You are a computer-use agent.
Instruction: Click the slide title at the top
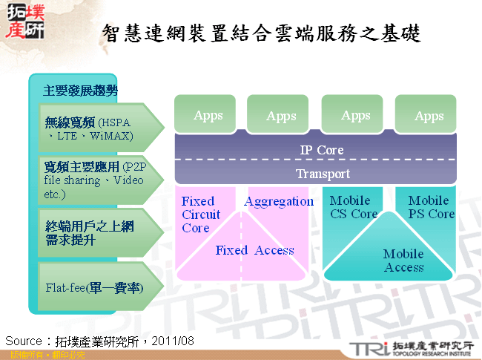point(261,33)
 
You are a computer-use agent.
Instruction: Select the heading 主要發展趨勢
point(80,91)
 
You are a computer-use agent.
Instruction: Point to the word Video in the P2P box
point(128,180)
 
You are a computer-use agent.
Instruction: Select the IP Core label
point(321,150)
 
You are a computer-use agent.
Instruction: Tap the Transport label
point(323,174)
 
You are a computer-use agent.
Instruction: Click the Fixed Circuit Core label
point(201,215)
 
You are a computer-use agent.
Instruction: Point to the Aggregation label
point(279,201)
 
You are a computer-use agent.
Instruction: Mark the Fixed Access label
point(254,250)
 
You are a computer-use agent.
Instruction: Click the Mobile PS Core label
point(431,207)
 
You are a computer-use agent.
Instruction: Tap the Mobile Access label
point(403,261)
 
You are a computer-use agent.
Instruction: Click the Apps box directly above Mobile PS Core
point(429,116)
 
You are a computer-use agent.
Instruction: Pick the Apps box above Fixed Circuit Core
point(208,115)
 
